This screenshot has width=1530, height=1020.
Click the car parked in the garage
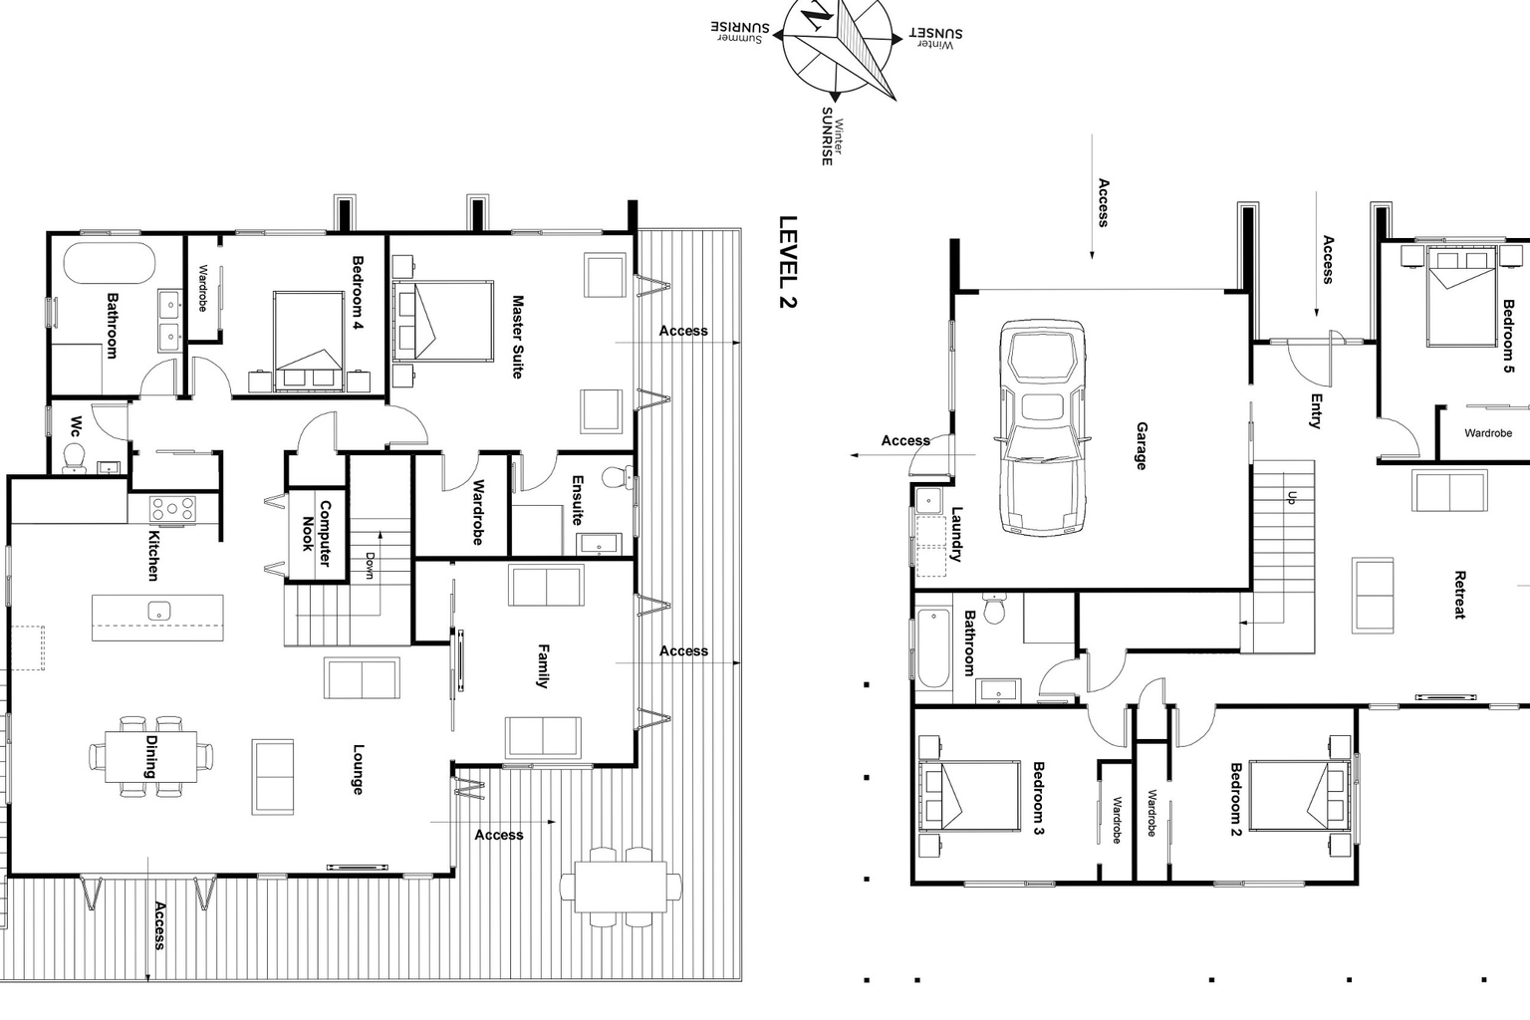[x=1043, y=428]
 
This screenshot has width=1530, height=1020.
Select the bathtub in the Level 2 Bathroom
[x=110, y=264]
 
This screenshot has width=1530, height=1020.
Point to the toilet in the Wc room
[x=75, y=458]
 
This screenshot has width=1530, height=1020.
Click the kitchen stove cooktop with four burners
[x=172, y=508]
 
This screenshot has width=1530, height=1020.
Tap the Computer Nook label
[x=317, y=533]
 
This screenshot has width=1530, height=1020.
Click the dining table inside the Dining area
[x=151, y=756]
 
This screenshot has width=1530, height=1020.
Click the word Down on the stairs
[x=370, y=566]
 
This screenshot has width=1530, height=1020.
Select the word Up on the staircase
[x=1292, y=497]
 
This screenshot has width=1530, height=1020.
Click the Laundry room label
[x=956, y=535]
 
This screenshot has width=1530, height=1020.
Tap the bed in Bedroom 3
[x=969, y=796]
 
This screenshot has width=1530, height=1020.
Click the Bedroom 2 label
[x=1235, y=799]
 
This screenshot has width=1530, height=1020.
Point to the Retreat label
[x=1459, y=595]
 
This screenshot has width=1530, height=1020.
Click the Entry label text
[x=1316, y=410]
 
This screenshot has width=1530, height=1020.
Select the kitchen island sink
[x=158, y=611]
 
